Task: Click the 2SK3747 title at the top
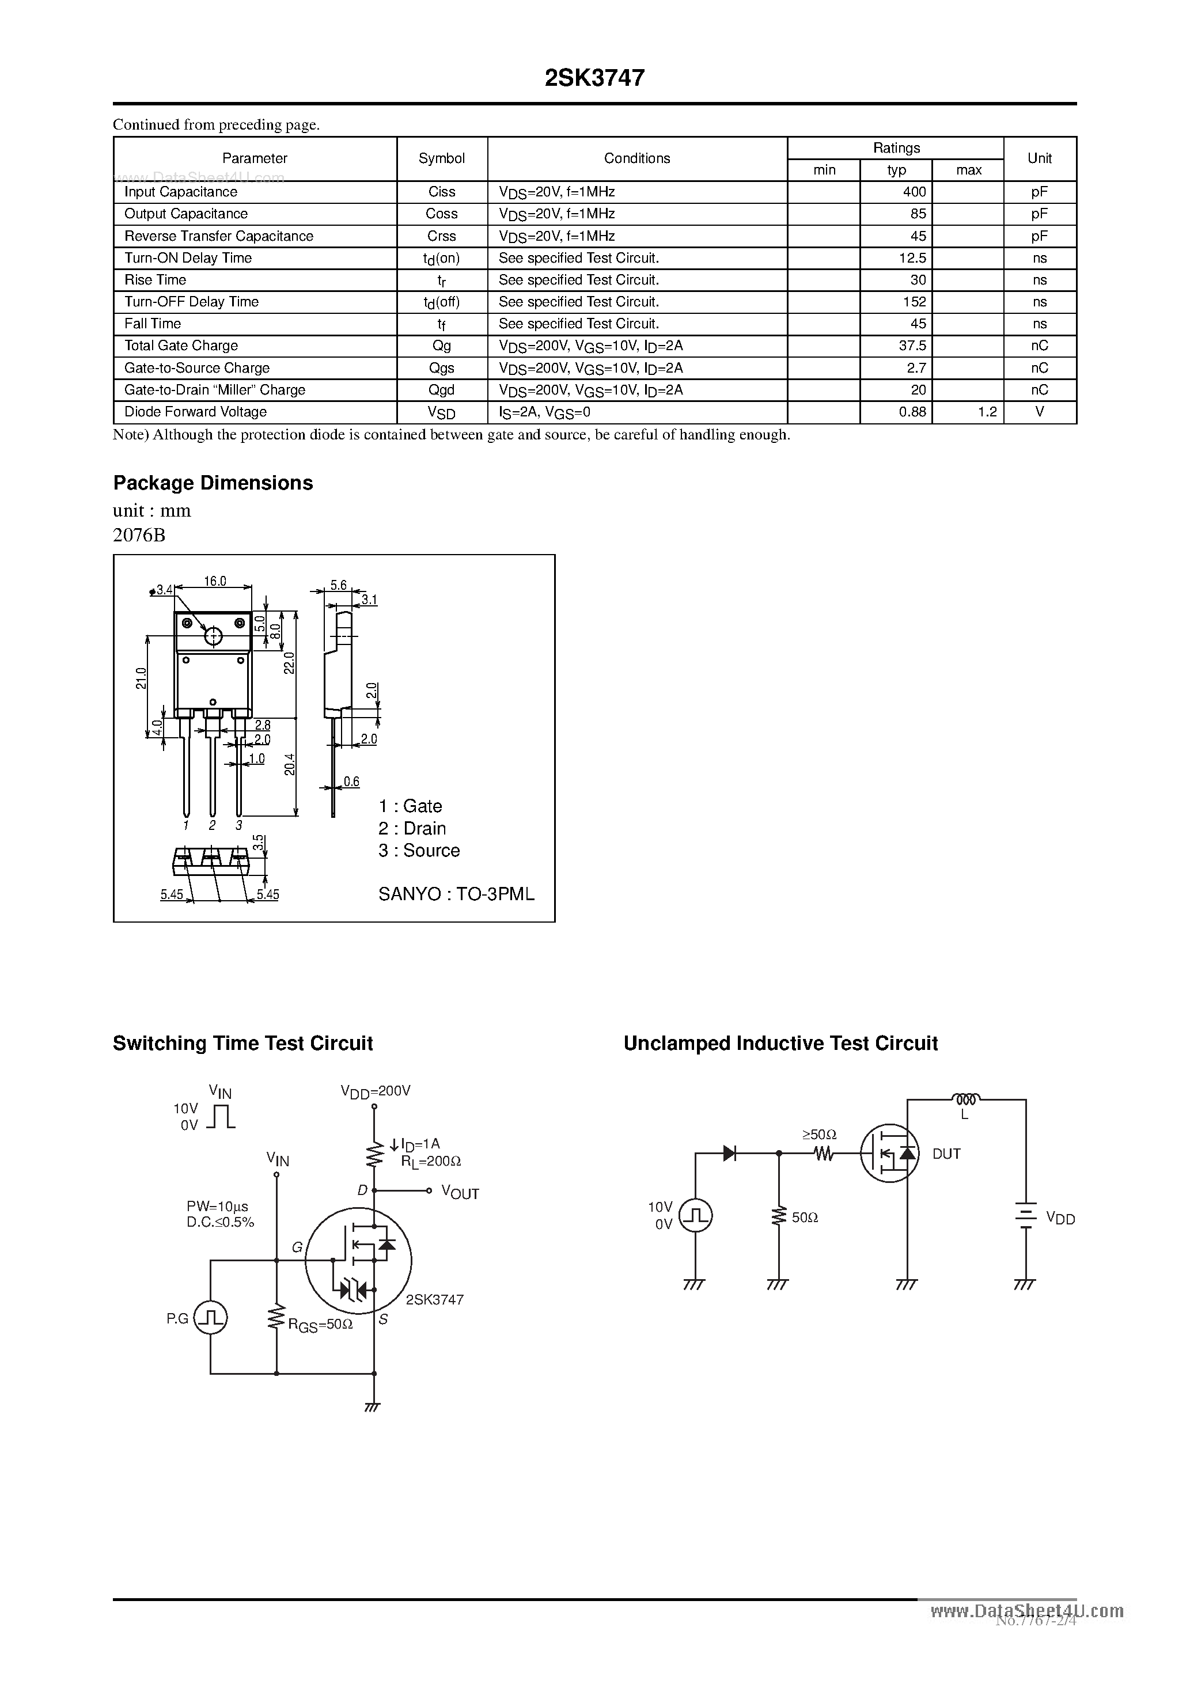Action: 594,78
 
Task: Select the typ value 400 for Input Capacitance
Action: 914,192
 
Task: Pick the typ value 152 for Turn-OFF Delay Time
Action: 914,302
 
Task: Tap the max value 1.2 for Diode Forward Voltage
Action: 987,412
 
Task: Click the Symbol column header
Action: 442,158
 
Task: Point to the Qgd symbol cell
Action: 442,390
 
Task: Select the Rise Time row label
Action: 156,280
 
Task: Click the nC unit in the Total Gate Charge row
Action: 1039,346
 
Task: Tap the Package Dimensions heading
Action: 213,483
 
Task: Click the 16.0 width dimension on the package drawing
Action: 215,582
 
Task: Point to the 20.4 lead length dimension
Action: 290,765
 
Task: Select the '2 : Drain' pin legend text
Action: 412,829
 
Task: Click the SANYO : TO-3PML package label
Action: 456,894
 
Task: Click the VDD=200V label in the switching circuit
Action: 376,1091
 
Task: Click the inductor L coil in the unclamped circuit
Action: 965,1099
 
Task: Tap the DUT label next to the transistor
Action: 946,1154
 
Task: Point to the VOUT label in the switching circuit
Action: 460,1193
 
